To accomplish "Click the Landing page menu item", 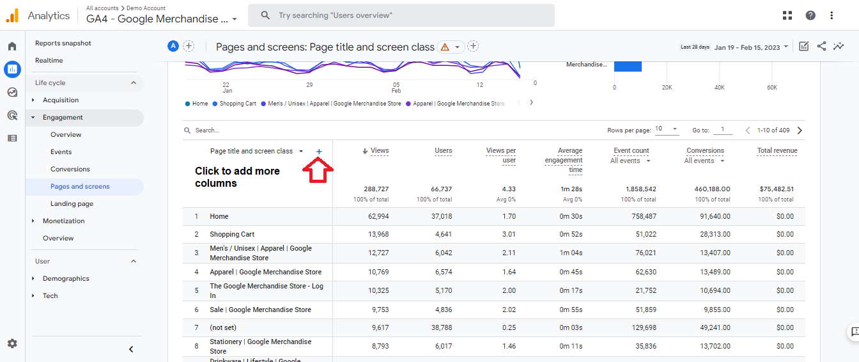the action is coord(72,203).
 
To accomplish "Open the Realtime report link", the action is coord(49,60).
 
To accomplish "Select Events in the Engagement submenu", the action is coord(61,152).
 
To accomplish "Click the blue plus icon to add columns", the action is coord(319,152).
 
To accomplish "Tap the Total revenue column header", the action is coord(777,150).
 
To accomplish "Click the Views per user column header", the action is coord(501,155).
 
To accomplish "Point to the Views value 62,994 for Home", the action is coord(378,216).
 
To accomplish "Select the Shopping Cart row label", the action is coord(232,234).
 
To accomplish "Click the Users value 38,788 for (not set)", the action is coord(442,327).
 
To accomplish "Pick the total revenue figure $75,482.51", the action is coord(777,189).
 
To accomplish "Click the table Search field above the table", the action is coord(207,130).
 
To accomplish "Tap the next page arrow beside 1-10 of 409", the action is coord(800,130).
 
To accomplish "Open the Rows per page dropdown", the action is coord(667,129).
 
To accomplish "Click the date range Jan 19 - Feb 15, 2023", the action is coord(747,47).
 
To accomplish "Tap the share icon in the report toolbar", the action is coord(821,47).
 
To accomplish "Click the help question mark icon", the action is coord(810,15).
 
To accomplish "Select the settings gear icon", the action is coord(12,343).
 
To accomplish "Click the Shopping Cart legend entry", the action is coord(235,104).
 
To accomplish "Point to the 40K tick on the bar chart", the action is coord(720,88).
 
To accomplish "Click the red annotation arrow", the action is coord(318,170).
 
